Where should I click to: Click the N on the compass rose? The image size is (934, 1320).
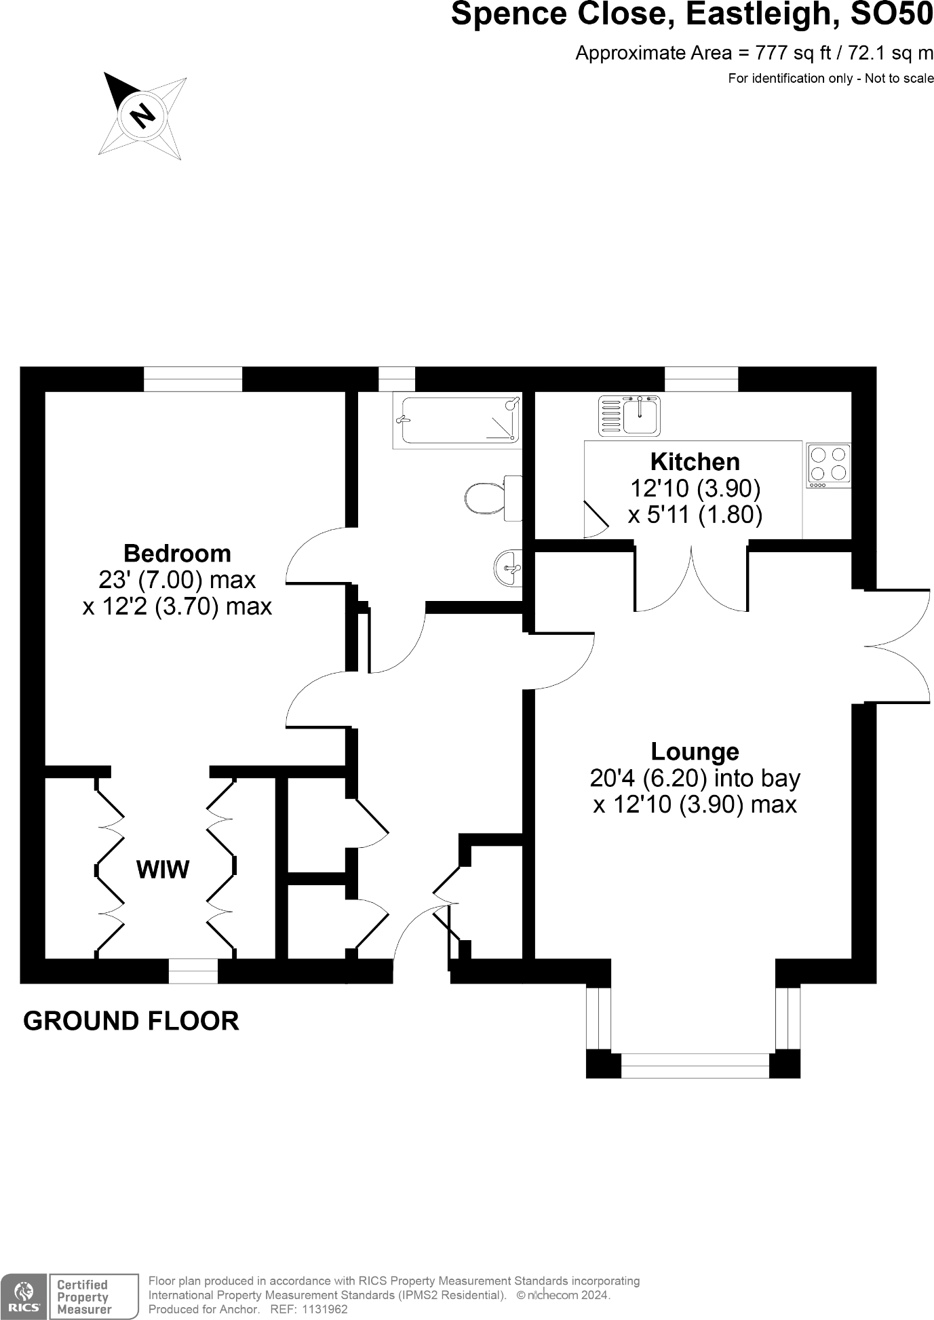coord(142,115)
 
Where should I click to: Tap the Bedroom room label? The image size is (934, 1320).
coord(177,554)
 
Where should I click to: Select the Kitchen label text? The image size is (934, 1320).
coord(695,462)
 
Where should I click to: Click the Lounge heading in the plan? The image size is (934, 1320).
coord(695,752)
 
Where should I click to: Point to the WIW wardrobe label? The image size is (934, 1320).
coord(163,870)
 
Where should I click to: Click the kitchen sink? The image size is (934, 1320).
coord(629,416)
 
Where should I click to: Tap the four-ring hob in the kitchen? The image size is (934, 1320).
coord(829,465)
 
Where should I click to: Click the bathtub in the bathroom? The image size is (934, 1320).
coord(457,421)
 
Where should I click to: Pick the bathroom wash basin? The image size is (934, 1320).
coord(509,566)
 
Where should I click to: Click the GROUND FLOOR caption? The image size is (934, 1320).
coord(131,1021)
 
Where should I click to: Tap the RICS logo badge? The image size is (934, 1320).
coord(24,1296)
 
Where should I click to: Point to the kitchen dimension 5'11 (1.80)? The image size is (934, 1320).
coord(695,515)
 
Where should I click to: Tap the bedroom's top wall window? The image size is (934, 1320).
coord(193,379)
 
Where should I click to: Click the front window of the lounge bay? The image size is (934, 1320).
coord(695,1066)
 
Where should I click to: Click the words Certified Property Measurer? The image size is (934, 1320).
coord(83,1297)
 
